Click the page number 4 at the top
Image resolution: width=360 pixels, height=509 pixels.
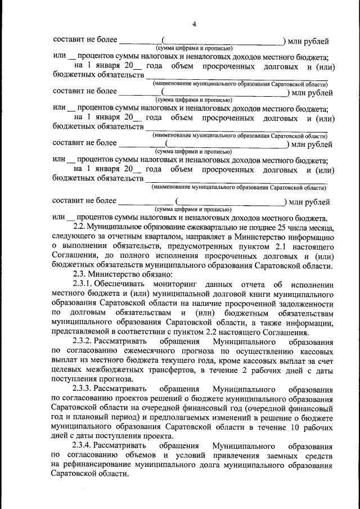point(193,24)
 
